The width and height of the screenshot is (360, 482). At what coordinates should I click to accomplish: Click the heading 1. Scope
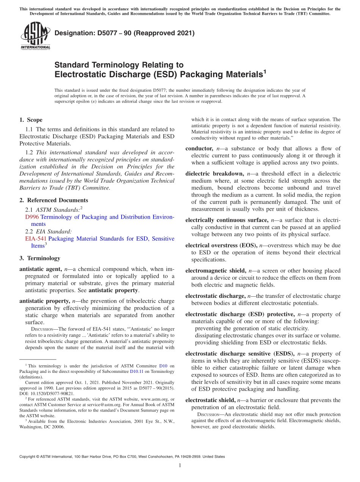click(31, 120)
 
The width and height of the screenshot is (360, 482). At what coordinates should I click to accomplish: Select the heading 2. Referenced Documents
click(53, 200)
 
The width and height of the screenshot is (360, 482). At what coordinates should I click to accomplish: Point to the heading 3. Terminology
click(39, 258)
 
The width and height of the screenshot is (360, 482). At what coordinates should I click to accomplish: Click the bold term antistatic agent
click(40, 269)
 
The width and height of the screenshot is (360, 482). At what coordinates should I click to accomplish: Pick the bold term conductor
click(199, 149)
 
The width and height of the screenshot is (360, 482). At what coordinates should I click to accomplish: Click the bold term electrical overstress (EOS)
click(221, 246)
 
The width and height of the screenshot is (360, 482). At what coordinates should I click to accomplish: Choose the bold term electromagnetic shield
click(216, 271)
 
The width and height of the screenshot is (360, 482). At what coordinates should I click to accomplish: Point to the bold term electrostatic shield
click(210, 400)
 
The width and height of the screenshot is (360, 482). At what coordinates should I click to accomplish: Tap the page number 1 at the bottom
click(180, 466)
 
